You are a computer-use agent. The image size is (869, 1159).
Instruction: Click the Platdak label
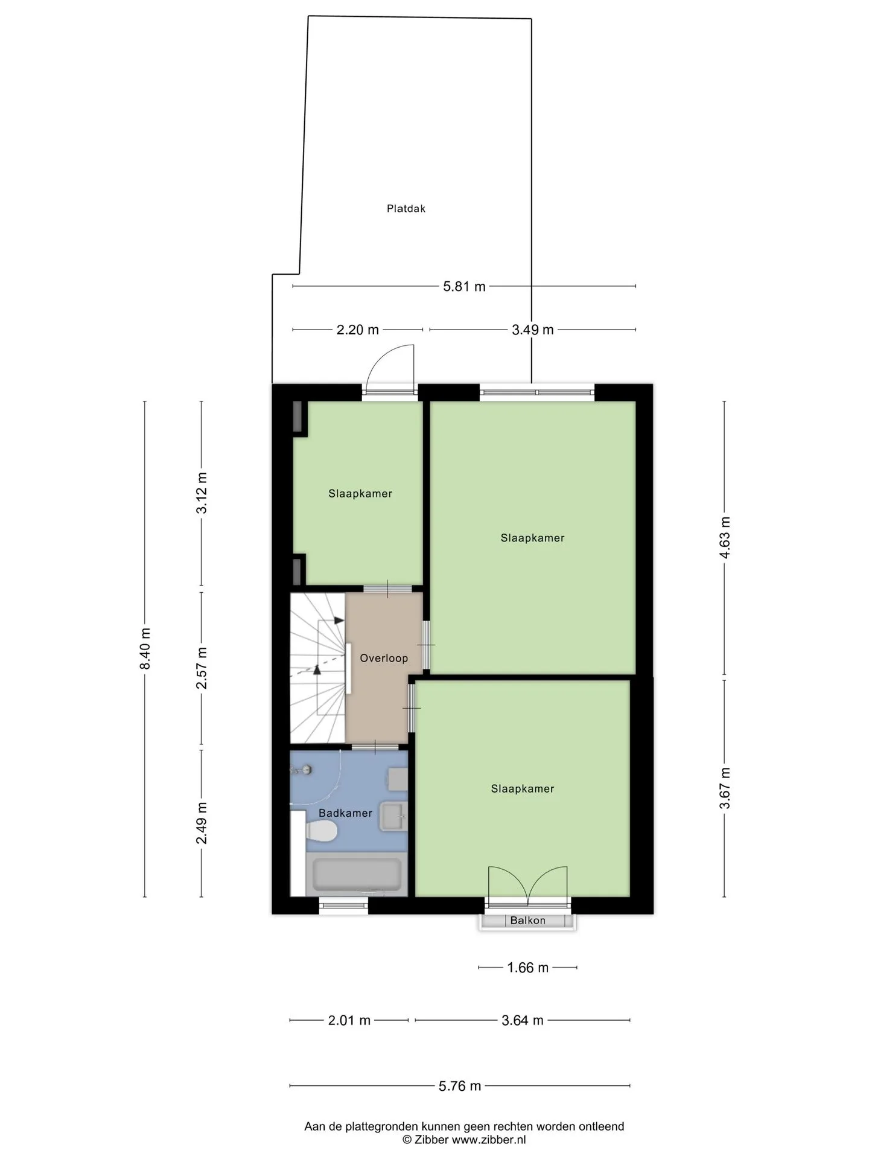406,209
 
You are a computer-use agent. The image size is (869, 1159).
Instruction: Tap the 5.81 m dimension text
464,287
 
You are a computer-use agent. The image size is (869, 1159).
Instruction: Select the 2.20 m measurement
357,330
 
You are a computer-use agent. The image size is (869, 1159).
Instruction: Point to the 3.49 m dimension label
532,330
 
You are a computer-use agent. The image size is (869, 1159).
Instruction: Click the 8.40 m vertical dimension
145,648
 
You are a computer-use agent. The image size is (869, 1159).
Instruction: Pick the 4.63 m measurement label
725,538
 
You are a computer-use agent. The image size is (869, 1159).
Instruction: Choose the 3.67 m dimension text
725,788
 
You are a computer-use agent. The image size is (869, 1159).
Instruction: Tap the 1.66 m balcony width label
527,968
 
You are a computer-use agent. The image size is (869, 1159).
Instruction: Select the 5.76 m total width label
460,1086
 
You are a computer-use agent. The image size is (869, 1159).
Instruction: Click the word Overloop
384,658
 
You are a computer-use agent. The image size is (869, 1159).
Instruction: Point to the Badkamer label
345,813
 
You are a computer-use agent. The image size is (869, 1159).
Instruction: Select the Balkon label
527,921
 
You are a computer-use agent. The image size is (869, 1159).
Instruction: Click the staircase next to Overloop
317,668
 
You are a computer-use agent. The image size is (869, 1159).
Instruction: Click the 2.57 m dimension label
202,668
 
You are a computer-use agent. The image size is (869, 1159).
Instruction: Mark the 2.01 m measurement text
349,1020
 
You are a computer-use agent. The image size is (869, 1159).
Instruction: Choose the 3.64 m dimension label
523,1020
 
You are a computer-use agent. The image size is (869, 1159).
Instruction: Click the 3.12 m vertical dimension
202,493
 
